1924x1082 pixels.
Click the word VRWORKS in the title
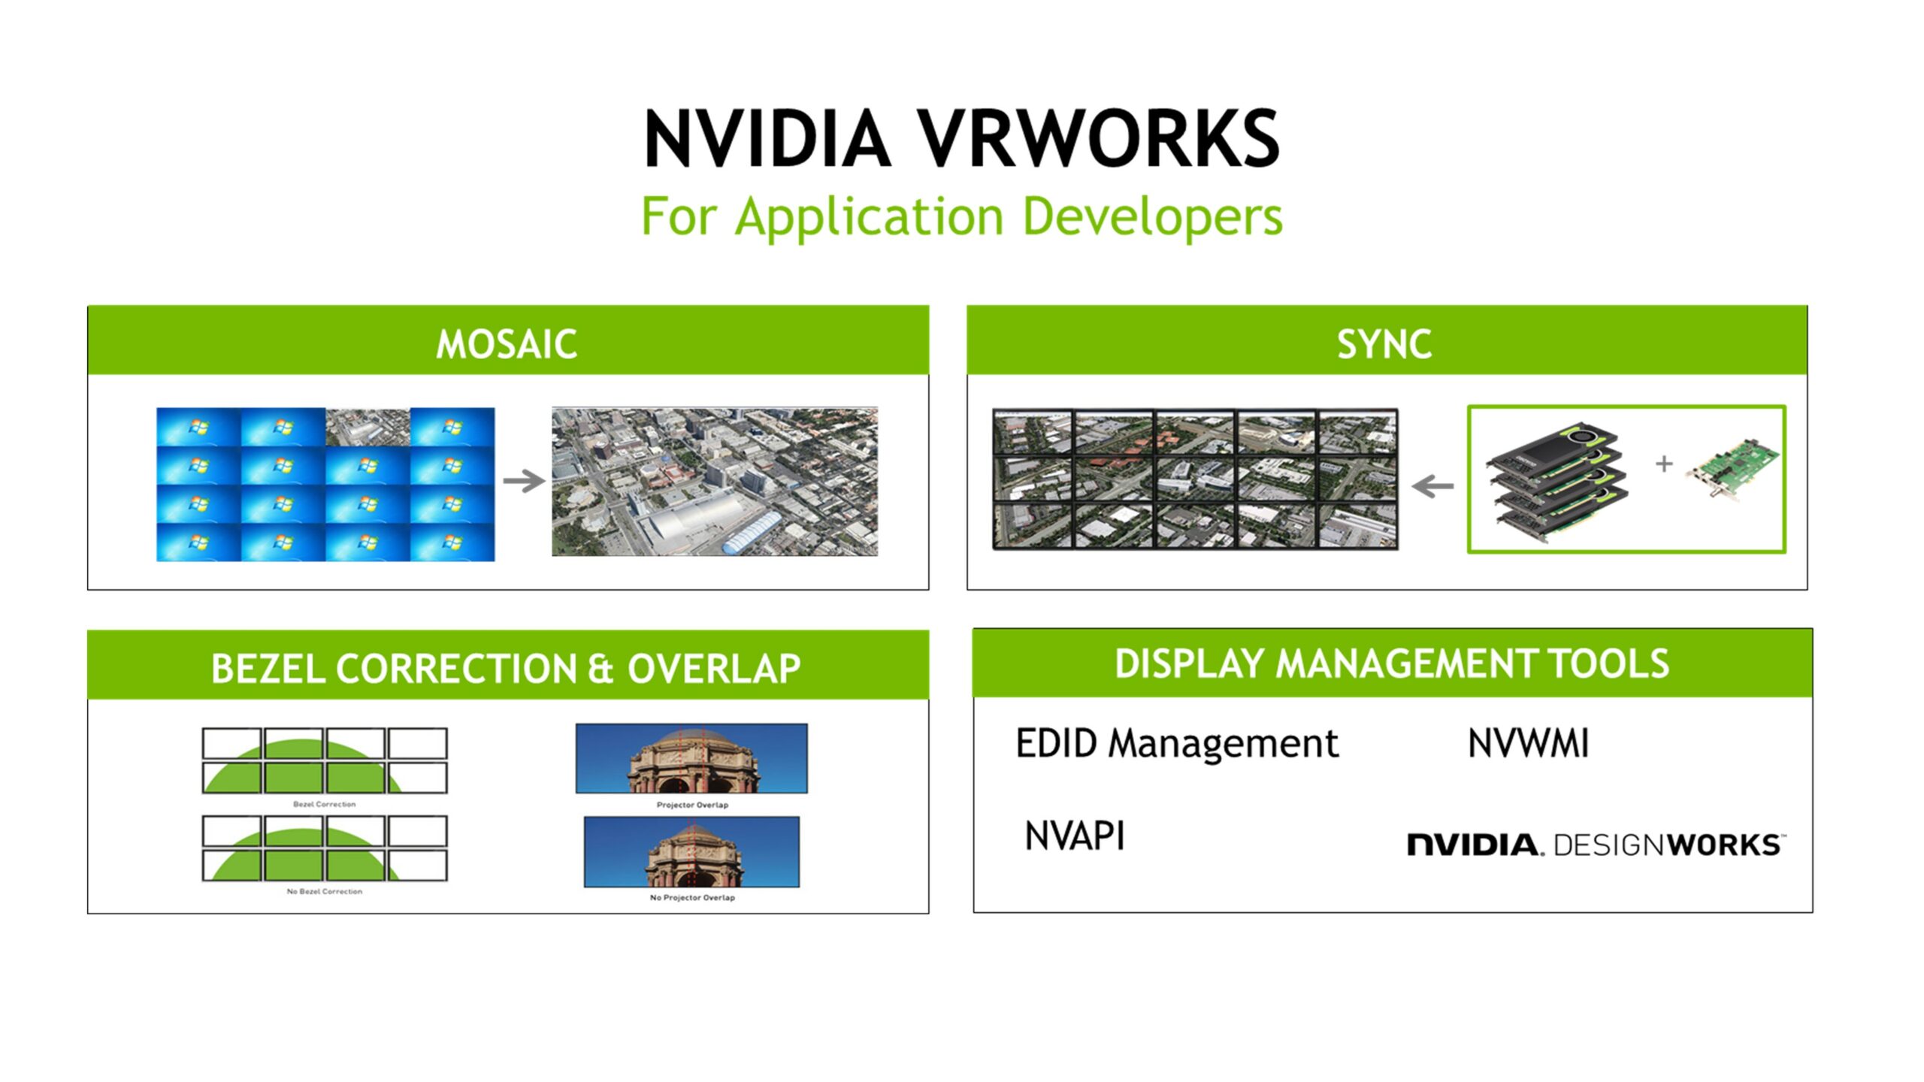coord(1098,139)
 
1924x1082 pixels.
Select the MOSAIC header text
coord(507,344)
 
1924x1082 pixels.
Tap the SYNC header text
coord(1384,344)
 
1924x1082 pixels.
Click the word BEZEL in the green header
coord(268,668)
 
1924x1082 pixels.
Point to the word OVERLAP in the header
coord(714,668)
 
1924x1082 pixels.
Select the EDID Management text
coord(1177,744)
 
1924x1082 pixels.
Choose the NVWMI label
coord(1528,744)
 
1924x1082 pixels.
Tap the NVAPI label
coord(1075,836)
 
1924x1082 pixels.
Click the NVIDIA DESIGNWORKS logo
coord(1596,845)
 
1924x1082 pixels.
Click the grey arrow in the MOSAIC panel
coord(524,481)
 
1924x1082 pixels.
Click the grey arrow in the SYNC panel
coord(1432,486)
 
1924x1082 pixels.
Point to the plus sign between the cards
coord(1664,464)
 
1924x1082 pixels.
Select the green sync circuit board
coord(1732,470)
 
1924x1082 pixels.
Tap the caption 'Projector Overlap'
coord(692,805)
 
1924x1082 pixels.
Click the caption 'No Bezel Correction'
coord(325,891)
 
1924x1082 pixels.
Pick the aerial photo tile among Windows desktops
coord(368,427)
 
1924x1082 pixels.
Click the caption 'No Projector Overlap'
coord(692,897)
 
